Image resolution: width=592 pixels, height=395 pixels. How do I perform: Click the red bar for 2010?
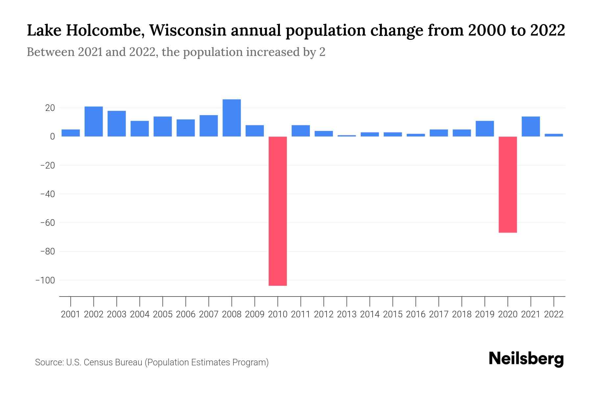tap(278, 211)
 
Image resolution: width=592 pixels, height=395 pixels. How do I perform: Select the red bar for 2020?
tap(508, 184)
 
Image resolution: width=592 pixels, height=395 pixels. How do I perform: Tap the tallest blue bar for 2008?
tap(232, 118)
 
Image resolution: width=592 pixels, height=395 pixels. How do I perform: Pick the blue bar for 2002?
tap(94, 121)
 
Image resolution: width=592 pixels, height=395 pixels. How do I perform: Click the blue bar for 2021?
tap(531, 126)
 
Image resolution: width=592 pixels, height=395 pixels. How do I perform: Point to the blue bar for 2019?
tap(485, 128)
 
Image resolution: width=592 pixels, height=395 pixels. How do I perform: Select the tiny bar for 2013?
tap(347, 136)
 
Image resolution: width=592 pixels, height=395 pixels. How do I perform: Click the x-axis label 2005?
tap(163, 314)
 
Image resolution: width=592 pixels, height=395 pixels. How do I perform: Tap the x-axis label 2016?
tap(416, 314)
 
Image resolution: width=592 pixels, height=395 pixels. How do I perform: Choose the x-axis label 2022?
tap(554, 314)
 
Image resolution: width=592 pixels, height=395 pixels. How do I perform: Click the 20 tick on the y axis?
tap(50, 108)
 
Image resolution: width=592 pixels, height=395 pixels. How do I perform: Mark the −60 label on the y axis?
tap(47, 223)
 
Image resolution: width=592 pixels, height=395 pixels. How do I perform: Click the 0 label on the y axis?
tap(53, 137)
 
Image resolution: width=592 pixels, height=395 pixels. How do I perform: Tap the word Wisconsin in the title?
tap(188, 31)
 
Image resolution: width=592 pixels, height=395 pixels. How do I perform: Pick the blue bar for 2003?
tap(117, 123)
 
